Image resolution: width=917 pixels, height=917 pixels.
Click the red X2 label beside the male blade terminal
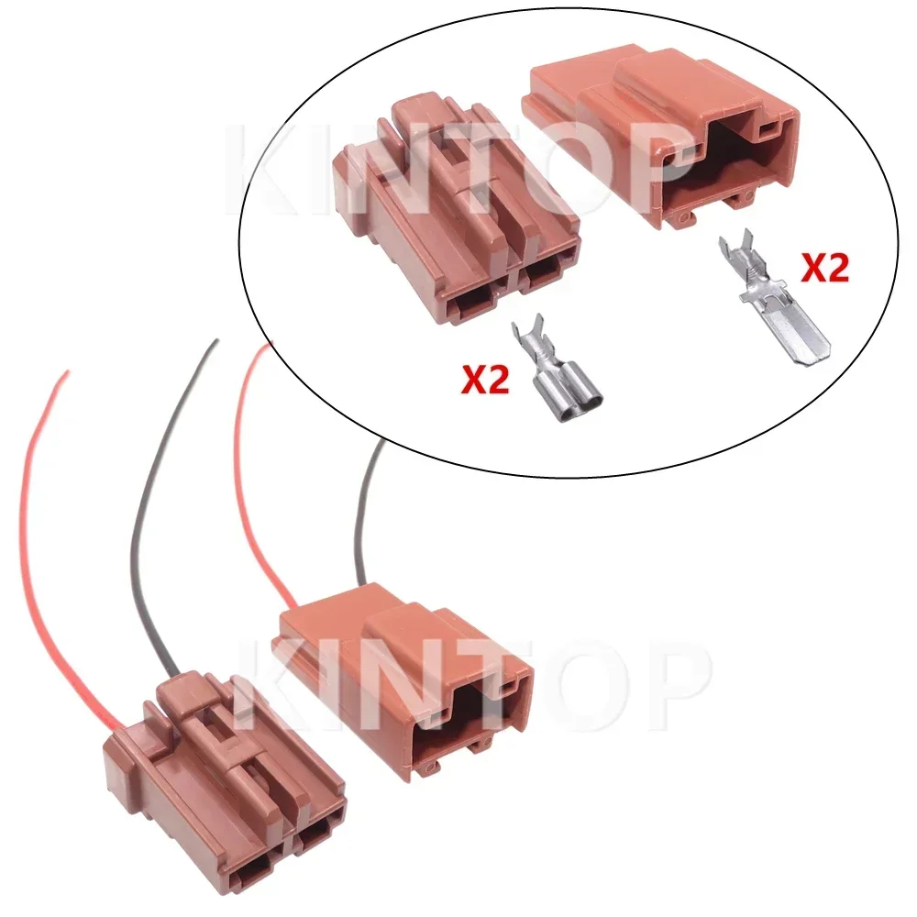point(824,269)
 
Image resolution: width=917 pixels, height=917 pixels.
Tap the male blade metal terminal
point(774,297)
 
